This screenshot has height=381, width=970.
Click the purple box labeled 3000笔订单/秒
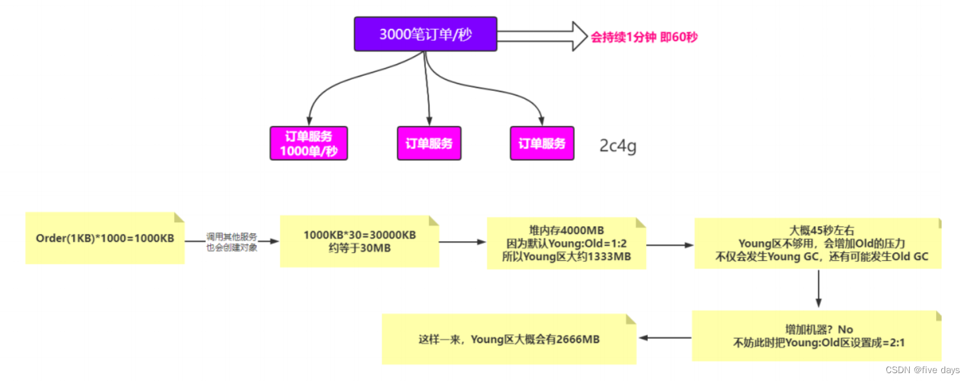click(425, 34)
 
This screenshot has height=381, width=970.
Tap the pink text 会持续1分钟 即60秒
click(644, 37)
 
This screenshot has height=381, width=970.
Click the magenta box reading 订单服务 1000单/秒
click(308, 144)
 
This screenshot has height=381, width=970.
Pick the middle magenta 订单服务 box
click(429, 143)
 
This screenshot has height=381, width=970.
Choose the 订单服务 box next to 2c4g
click(542, 143)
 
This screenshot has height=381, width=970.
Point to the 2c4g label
click(617, 146)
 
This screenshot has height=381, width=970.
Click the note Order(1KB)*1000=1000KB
click(105, 238)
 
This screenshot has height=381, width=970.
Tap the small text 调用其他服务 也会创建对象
click(231, 242)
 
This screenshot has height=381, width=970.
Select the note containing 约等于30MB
click(359, 241)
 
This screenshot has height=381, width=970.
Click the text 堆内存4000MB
click(566, 230)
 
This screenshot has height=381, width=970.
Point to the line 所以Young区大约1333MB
click(566, 256)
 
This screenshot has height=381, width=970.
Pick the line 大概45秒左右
click(817, 231)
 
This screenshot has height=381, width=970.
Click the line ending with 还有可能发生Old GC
click(817, 257)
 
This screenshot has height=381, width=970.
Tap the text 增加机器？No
click(818, 329)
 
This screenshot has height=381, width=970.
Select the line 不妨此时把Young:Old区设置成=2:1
click(818, 342)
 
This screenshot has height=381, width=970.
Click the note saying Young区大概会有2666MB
click(509, 339)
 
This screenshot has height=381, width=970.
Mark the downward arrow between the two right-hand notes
click(818, 289)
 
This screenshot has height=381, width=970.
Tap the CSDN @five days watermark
click(922, 371)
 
